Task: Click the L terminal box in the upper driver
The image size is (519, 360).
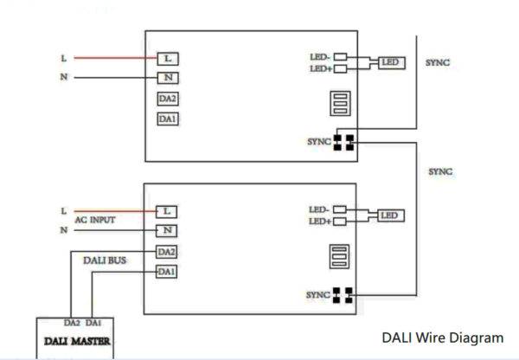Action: tap(167, 59)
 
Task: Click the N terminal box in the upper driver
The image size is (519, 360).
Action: tap(167, 78)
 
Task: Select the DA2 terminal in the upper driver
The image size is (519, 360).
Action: tap(168, 99)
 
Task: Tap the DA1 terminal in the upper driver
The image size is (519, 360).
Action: tap(168, 119)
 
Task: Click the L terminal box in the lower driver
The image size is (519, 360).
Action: tap(167, 211)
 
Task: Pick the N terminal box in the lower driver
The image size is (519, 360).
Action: tap(167, 231)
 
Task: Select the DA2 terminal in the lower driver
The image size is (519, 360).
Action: tap(168, 252)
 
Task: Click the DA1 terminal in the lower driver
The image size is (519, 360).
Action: tap(168, 272)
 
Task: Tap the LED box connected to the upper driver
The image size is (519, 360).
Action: tap(391, 63)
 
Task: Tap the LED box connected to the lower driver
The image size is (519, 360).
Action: tap(391, 215)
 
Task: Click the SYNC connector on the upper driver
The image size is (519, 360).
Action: tap(345, 141)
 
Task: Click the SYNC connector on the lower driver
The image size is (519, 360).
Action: tap(344, 295)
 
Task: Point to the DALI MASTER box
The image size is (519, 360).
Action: tap(77, 341)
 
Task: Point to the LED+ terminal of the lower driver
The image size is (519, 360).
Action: tap(339, 222)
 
